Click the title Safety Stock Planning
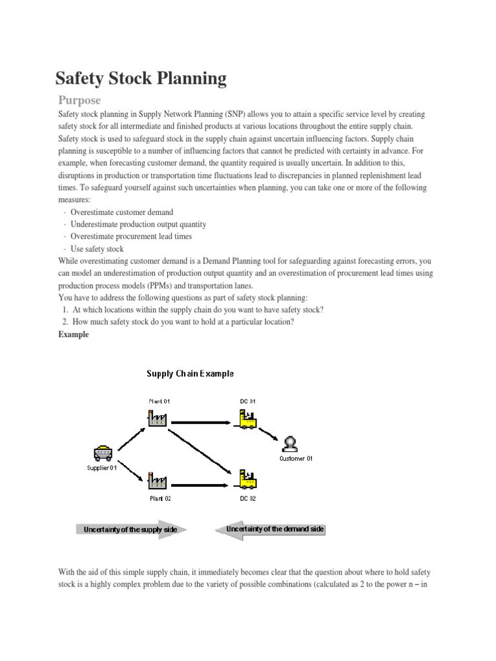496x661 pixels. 141,79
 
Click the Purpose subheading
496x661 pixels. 79,101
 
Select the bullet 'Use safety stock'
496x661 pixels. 97,249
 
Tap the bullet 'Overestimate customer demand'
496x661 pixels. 121,212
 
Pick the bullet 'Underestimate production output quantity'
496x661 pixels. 138,224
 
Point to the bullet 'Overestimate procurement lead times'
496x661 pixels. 131,236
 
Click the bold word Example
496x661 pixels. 74,334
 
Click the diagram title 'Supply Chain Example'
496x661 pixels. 190,373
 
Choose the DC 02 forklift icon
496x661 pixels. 247,478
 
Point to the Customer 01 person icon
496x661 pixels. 290,444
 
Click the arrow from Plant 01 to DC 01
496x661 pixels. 201,423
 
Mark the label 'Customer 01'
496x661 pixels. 295,458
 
